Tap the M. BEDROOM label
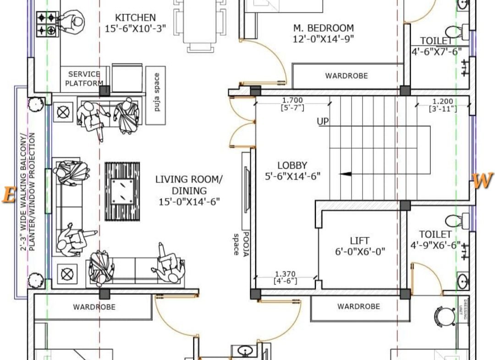tap(324, 28)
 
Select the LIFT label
tap(360, 241)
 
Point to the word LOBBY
tap(292, 166)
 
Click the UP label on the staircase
tap(323, 122)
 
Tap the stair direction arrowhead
tap(346, 174)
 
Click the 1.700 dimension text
tap(292, 100)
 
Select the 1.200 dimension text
tap(443, 102)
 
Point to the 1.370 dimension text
tap(286, 274)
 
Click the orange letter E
tap(9, 194)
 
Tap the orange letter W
tap(483, 181)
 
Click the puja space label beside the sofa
tap(157, 92)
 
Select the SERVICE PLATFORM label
tap(84, 78)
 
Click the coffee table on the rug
tap(122, 191)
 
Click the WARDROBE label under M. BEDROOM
tap(346, 76)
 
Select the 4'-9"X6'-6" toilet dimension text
tap(435, 245)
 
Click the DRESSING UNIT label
tap(462, 310)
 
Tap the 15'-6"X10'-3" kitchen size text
tap(135, 29)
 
